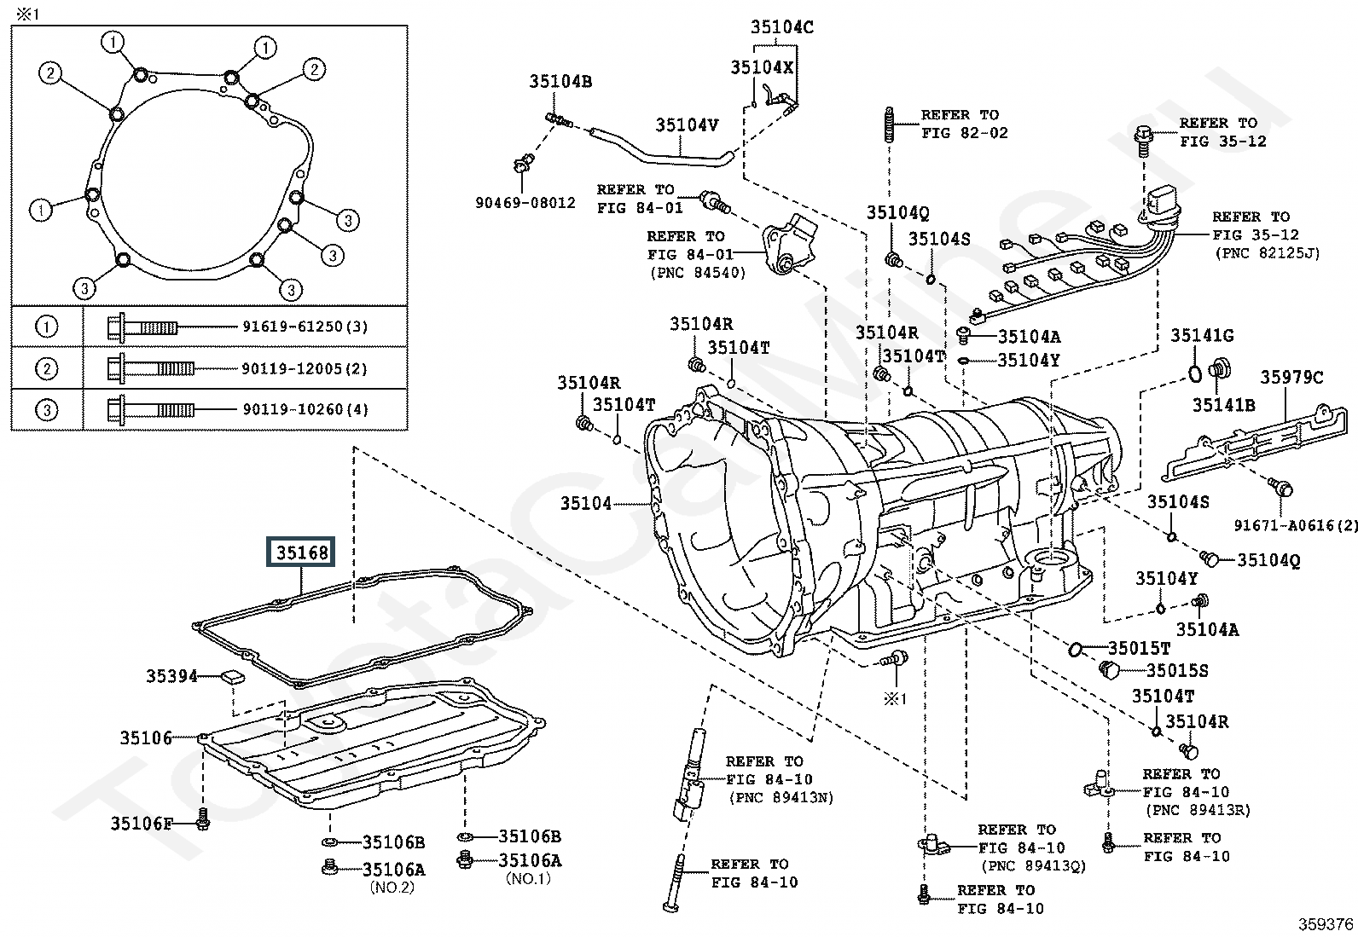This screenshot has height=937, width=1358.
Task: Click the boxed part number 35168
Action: pos(302,553)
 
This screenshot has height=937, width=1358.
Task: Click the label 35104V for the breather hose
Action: pos(687,125)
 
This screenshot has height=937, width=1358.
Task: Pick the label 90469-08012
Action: pos(525,203)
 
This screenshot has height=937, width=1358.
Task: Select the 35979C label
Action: pos(1292,377)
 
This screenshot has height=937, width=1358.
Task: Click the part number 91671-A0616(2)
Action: pos(1296,526)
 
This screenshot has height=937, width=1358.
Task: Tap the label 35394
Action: pos(171,676)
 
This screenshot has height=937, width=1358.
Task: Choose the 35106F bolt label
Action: pos(142,824)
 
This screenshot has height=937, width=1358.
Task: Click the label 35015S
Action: pos(1177,671)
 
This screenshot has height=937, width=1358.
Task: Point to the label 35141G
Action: pos(1201,336)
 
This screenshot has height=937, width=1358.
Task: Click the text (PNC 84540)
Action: pos(698,273)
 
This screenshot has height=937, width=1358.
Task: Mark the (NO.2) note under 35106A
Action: pos(392,887)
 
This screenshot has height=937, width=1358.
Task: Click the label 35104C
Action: pos(782,27)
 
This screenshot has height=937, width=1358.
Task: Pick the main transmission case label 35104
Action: pos(586,504)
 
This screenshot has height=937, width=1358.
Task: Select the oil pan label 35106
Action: pos(146,738)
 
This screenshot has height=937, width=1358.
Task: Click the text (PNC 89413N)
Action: pos(781,798)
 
